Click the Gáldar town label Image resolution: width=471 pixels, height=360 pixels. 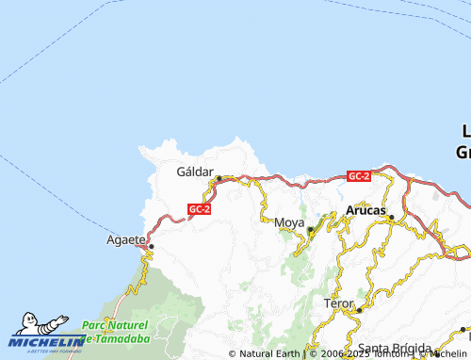point(197,172)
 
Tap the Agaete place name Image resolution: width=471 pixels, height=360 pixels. point(126,240)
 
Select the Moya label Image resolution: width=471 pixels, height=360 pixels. point(289,222)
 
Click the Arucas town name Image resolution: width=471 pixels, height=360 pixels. point(365,210)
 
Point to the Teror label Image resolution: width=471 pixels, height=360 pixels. point(338,304)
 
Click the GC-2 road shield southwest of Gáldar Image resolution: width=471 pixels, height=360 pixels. point(198,209)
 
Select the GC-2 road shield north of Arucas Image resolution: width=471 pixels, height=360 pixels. point(358,176)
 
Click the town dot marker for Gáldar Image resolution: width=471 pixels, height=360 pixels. point(219,178)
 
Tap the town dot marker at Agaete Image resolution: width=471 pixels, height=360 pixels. point(151,247)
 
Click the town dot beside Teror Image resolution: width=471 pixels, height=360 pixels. point(359,310)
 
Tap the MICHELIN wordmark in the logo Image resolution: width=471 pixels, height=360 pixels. point(47,342)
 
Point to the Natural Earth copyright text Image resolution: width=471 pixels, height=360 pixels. point(268,354)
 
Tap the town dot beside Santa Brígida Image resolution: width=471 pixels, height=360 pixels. point(463,331)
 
